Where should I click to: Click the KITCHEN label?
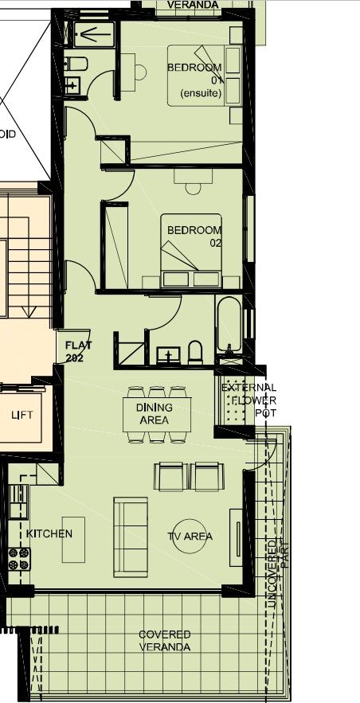pos(49,533)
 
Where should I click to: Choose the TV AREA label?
pos(190,537)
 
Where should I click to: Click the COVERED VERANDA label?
pos(164,641)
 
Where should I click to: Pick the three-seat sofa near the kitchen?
pos(131,537)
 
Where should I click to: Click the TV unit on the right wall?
pos(237,534)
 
